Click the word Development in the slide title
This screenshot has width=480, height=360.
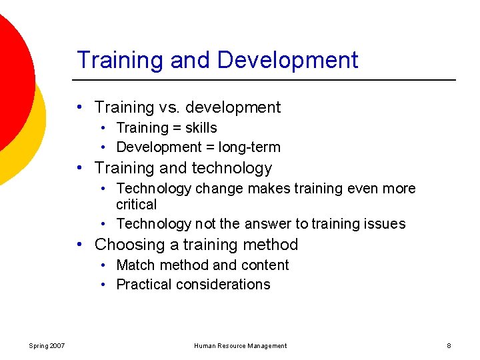(x=287, y=60)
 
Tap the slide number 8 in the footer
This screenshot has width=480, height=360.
(x=449, y=346)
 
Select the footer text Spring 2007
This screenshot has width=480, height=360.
(x=47, y=346)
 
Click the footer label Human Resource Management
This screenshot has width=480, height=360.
(x=240, y=346)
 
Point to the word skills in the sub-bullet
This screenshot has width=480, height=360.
(x=201, y=127)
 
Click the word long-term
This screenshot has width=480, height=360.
(x=247, y=147)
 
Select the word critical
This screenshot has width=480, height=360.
(x=136, y=205)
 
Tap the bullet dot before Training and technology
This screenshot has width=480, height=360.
(x=79, y=168)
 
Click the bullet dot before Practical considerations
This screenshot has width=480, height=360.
(x=105, y=285)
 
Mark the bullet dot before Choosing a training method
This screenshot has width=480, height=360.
(x=79, y=245)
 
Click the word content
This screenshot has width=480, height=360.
(x=265, y=265)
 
